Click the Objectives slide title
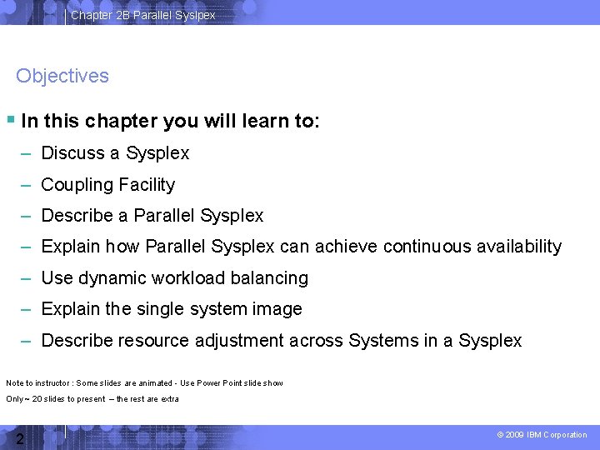click(x=62, y=76)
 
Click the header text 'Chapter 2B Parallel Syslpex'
click(x=142, y=15)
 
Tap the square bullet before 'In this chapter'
click(x=10, y=120)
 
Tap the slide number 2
click(x=19, y=438)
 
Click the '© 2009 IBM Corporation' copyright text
click(x=542, y=435)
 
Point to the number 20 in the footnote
click(x=37, y=399)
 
